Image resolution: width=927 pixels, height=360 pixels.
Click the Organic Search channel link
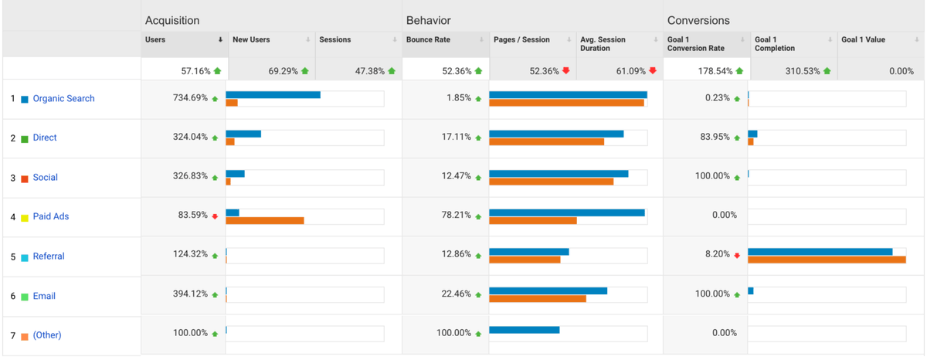[x=63, y=99]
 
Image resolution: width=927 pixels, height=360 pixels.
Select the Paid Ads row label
[x=50, y=216]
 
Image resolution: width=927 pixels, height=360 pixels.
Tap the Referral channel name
[x=49, y=256]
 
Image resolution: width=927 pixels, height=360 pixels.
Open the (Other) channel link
[x=46, y=335]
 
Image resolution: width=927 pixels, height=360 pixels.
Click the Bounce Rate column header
[x=429, y=39]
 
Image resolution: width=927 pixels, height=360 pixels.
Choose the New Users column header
[x=251, y=39]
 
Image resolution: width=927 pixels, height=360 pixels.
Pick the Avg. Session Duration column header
[x=603, y=44]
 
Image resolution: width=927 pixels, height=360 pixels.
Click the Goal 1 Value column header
[x=863, y=39]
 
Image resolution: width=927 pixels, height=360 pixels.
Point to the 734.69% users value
[x=190, y=98]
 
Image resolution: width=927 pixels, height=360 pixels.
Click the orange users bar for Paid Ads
[x=264, y=220]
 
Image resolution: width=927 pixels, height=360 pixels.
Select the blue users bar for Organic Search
[x=273, y=95]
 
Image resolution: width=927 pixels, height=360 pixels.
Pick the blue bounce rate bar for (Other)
[x=525, y=330]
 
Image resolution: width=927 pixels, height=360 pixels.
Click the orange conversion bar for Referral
[x=827, y=260]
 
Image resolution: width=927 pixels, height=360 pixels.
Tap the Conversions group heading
[x=698, y=21]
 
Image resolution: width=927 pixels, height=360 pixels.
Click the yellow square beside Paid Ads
[x=25, y=217]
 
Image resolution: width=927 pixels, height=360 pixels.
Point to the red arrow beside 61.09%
[x=653, y=71]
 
